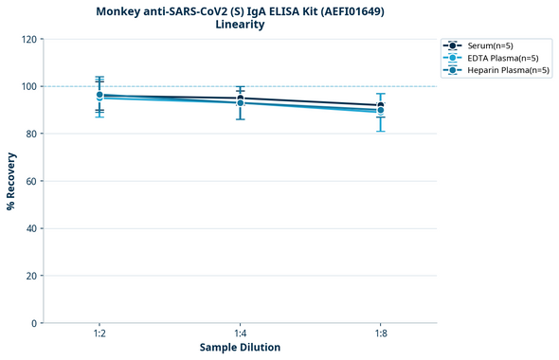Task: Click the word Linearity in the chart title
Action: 240,25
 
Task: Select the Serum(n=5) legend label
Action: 490,45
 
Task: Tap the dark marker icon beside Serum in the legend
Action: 453,45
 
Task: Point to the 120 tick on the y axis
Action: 28,39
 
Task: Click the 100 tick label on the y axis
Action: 28,86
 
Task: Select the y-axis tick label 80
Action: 31,134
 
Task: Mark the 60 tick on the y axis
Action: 31,181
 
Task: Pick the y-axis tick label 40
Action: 31,228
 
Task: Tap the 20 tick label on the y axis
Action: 31,276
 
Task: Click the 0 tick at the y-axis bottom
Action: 34,323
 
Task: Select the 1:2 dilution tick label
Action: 99,334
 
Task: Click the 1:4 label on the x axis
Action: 240,334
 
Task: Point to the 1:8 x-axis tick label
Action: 380,334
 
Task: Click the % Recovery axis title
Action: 11,180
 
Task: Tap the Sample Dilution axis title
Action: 240,348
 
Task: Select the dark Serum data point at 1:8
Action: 380,106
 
